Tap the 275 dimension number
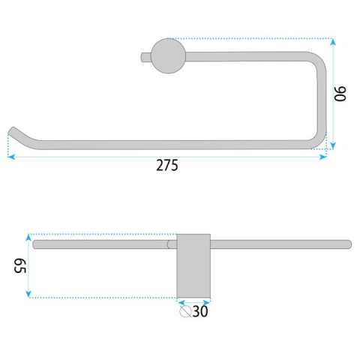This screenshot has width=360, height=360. click(166, 166)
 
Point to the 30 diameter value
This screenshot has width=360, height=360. click(200, 310)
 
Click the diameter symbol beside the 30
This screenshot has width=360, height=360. click(185, 310)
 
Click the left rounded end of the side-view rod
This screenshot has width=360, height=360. click(35, 244)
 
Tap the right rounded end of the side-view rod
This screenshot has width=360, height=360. click(348, 244)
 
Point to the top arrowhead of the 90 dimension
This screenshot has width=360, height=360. click(331, 42)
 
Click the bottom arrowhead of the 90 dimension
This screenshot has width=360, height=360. click(331, 147)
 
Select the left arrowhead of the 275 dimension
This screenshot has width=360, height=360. click(11, 156)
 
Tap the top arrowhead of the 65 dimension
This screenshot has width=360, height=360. click(29, 235)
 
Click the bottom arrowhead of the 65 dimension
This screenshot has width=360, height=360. click(29, 295)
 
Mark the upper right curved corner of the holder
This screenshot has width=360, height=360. click(317, 59)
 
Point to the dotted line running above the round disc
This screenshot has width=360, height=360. click(247, 38)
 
